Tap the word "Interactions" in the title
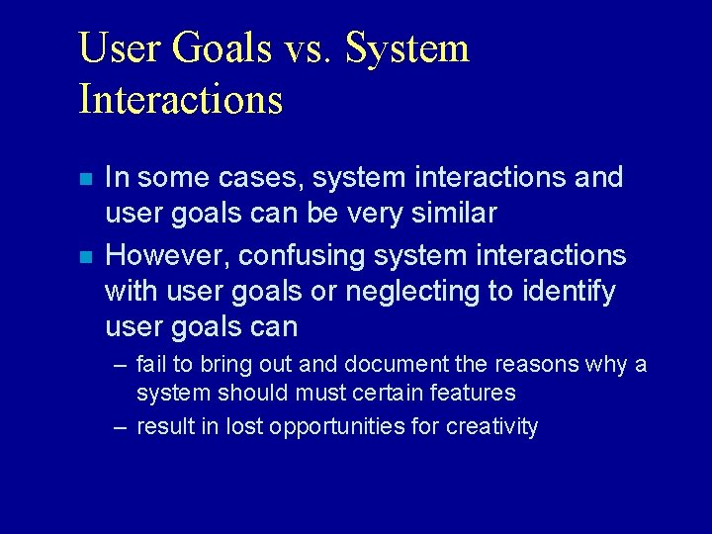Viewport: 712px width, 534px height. click(x=180, y=100)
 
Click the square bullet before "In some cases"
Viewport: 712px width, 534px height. click(x=86, y=180)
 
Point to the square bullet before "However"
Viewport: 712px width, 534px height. click(x=86, y=257)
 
